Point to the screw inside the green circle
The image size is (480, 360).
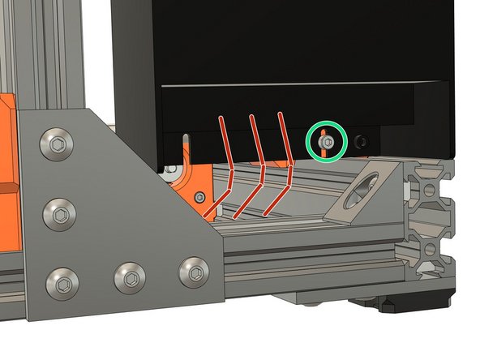tap(324, 142)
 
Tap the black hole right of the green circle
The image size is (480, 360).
tap(360, 142)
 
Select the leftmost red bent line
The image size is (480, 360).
tap(225, 166)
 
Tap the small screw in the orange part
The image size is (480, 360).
tap(199, 195)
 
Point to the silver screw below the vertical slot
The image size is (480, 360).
tap(171, 169)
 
